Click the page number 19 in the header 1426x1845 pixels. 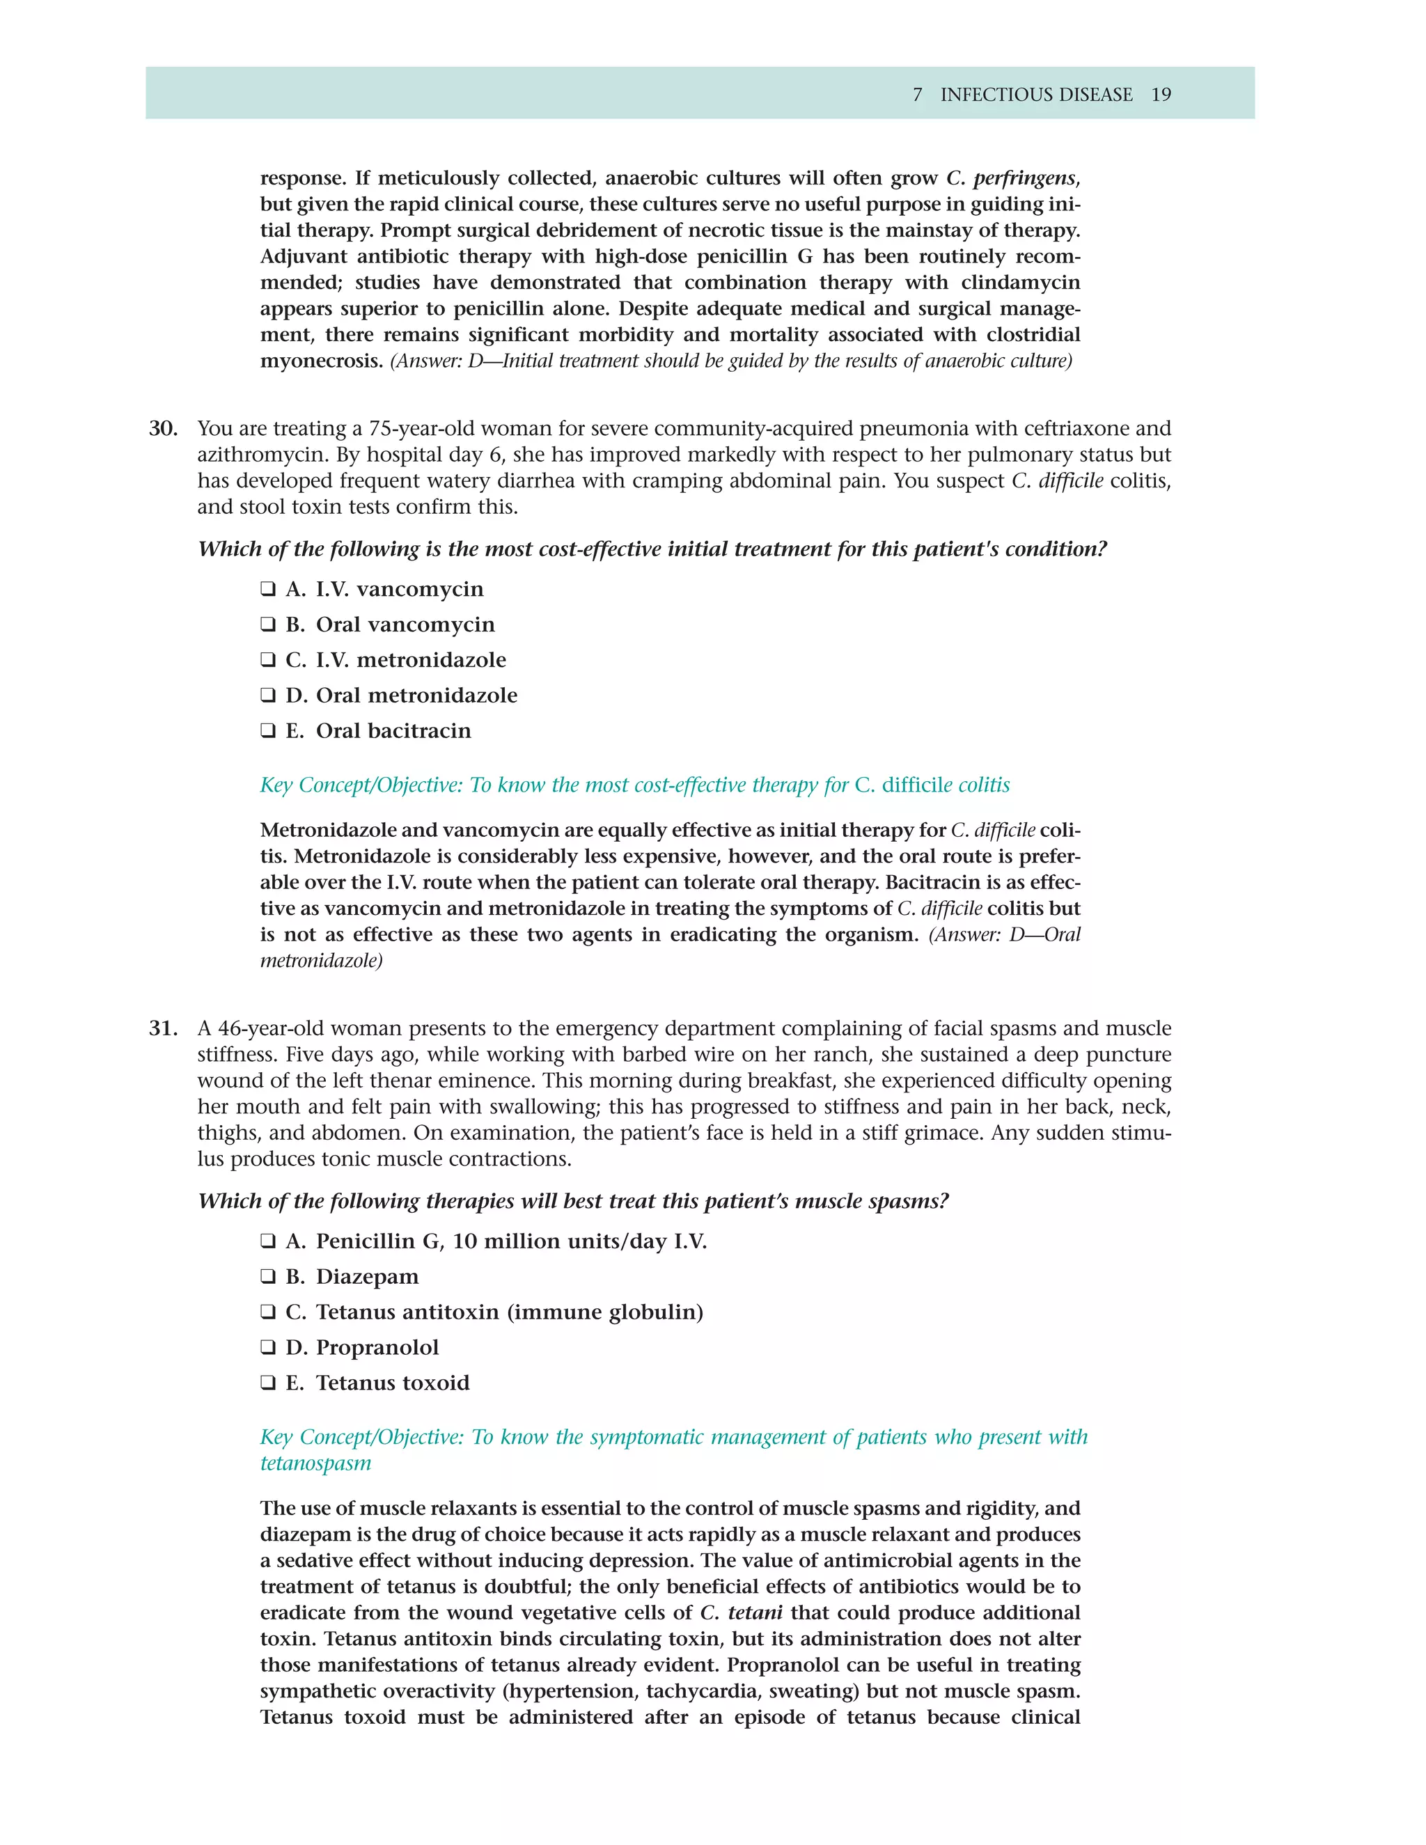pos(1161,95)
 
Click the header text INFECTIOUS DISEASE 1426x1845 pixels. pos(1037,95)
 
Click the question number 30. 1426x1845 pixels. pos(162,428)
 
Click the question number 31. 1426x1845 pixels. pos(162,1028)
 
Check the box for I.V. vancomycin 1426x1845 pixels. pos(268,589)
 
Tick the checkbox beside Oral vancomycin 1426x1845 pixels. pos(268,625)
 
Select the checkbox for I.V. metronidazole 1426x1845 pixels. pos(268,660)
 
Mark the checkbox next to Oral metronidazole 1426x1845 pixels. pos(268,696)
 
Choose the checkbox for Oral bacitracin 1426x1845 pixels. pos(268,731)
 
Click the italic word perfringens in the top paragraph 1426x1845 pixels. pos(1024,178)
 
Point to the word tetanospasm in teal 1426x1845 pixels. pos(315,1463)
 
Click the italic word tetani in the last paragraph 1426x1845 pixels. pos(754,1612)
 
